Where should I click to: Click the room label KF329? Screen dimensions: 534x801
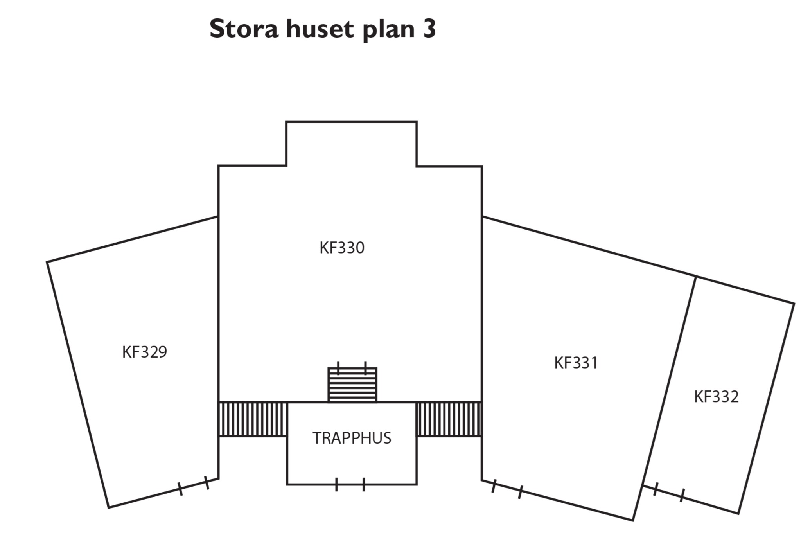(x=144, y=352)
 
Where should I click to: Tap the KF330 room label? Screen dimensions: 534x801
(x=342, y=248)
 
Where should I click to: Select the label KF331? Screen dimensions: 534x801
(x=576, y=363)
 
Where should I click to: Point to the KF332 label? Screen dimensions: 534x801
(x=716, y=397)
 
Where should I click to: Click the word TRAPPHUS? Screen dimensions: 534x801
(x=352, y=438)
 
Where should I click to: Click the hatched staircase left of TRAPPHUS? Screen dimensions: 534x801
(x=253, y=419)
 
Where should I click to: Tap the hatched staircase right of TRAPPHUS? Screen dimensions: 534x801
(x=449, y=419)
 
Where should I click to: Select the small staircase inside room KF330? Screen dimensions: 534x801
(x=352, y=385)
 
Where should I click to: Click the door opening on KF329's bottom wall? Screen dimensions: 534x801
(x=194, y=485)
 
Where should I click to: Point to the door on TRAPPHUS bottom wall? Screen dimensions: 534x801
(x=350, y=484)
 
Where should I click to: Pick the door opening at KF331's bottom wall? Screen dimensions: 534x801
(x=507, y=489)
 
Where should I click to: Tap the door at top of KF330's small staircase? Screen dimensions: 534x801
(x=352, y=368)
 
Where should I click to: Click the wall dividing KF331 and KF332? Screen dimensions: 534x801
(x=670, y=379)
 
